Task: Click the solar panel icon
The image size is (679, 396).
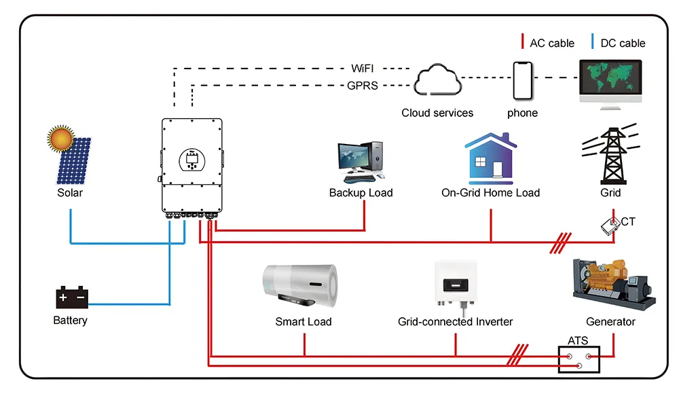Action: point(73,162)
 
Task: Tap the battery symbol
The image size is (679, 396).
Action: point(71,298)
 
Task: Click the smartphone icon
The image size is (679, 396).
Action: point(522,80)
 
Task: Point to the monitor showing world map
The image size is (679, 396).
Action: point(609,81)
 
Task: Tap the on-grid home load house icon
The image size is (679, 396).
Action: point(490,158)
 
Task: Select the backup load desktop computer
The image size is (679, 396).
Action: point(361,162)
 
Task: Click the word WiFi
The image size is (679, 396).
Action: point(363,69)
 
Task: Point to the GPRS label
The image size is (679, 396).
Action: point(363,86)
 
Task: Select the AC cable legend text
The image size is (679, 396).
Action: point(551,43)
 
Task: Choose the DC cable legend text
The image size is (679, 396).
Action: point(623,43)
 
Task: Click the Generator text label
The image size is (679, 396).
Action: point(610,321)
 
